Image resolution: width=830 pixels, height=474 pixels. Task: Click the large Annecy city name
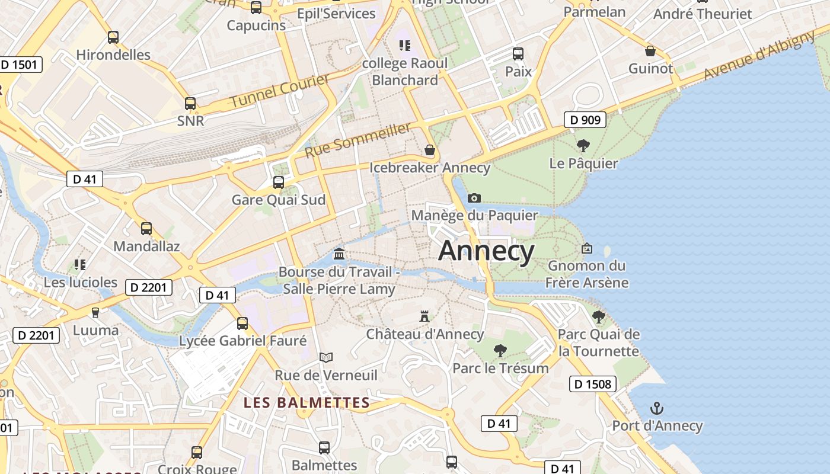pyautogui.click(x=486, y=251)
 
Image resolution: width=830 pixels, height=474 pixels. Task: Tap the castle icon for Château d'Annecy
pyautogui.click(x=424, y=316)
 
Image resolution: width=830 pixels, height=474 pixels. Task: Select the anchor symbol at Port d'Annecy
pyautogui.click(x=656, y=408)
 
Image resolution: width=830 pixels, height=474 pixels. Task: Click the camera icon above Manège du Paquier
pyautogui.click(x=474, y=198)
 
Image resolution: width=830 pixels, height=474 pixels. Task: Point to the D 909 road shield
pyautogui.click(x=585, y=120)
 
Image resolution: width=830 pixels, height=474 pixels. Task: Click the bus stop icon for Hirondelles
pyautogui.click(x=113, y=37)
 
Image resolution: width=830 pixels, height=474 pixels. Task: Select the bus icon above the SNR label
pyautogui.click(x=190, y=104)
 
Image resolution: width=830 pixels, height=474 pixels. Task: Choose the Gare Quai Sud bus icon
pyautogui.click(x=278, y=182)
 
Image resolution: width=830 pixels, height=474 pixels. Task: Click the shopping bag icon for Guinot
pyautogui.click(x=650, y=51)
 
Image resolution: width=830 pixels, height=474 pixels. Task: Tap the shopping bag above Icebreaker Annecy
pyautogui.click(x=429, y=150)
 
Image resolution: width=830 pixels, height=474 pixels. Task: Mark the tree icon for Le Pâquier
pyautogui.click(x=583, y=145)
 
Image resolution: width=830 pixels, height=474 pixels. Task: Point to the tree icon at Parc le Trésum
pyautogui.click(x=500, y=350)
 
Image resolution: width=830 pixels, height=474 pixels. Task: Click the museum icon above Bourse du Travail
pyautogui.click(x=339, y=254)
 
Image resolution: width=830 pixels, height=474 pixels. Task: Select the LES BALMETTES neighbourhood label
pyautogui.click(x=307, y=403)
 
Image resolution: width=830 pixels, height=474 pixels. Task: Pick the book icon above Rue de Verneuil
pyautogui.click(x=325, y=357)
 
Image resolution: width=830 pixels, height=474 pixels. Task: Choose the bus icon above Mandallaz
pyautogui.click(x=146, y=228)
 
